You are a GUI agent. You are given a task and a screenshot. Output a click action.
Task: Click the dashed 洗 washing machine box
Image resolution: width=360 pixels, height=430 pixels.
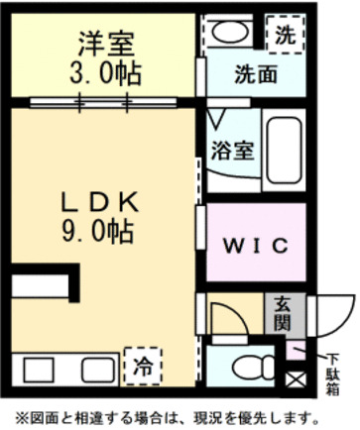pos(285,34)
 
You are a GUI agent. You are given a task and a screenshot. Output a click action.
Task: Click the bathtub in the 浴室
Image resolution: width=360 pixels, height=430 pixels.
pos(285,150)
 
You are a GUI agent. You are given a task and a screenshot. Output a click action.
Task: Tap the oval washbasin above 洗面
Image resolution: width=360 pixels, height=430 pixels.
pos(234,33)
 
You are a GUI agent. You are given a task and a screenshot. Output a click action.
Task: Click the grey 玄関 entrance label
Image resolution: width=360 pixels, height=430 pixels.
pos(282,316)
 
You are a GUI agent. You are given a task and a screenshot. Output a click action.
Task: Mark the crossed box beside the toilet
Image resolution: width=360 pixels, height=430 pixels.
pos(295,378)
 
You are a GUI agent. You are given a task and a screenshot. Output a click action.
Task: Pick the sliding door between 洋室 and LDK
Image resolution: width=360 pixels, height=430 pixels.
pos(104,101)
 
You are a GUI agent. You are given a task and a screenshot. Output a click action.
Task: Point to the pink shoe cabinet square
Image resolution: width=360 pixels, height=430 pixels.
pos(296,350)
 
